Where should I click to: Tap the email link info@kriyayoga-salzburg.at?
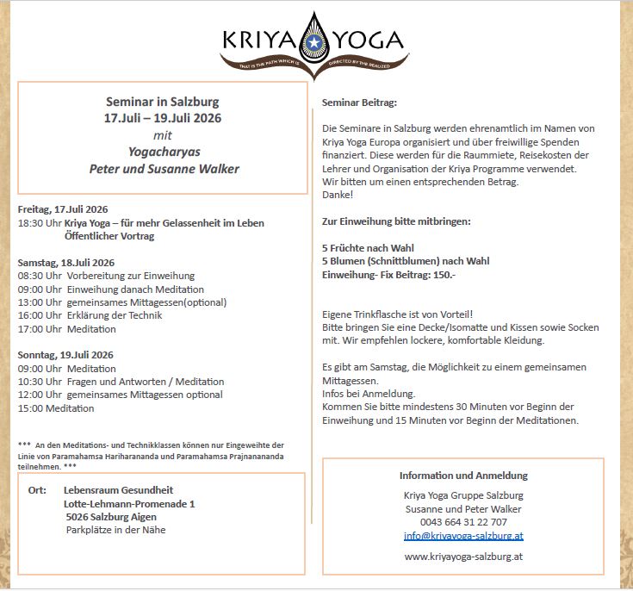pyautogui.click(x=463, y=535)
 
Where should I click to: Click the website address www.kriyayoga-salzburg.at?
pyautogui.click(x=463, y=557)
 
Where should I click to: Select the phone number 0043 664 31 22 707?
pyautogui.click(x=463, y=522)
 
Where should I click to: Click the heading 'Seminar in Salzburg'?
pyautogui.click(x=162, y=101)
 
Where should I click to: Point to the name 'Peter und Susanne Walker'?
pyautogui.click(x=164, y=169)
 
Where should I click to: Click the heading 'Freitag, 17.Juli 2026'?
pyautogui.click(x=63, y=209)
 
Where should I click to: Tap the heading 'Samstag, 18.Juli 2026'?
pyautogui.click(x=65, y=262)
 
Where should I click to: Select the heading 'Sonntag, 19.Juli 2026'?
pyautogui.click(x=65, y=354)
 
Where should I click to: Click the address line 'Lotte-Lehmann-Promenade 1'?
pyautogui.click(x=129, y=504)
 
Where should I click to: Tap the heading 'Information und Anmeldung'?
pyautogui.click(x=463, y=476)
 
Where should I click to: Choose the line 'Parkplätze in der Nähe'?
pyautogui.click(x=115, y=530)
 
